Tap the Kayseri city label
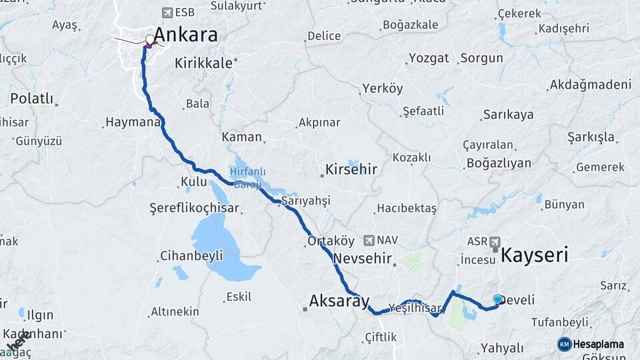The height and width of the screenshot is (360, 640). (x=534, y=255)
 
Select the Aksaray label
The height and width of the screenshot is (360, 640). (x=339, y=302)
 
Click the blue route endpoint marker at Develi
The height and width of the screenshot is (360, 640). (x=497, y=299)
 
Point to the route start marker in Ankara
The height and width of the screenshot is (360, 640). (x=149, y=39)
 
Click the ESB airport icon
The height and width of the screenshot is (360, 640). (x=167, y=12)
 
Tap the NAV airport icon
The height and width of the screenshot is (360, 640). (x=369, y=239)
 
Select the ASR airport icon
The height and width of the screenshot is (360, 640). (x=494, y=241)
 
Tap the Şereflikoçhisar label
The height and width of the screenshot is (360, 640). (x=193, y=208)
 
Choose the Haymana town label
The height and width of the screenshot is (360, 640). (x=132, y=123)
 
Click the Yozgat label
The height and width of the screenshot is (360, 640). (x=429, y=58)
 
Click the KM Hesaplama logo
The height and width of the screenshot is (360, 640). (x=591, y=344)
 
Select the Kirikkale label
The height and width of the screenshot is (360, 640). (x=203, y=63)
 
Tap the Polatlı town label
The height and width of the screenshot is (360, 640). (x=31, y=99)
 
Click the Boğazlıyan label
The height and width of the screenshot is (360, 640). (x=498, y=163)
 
